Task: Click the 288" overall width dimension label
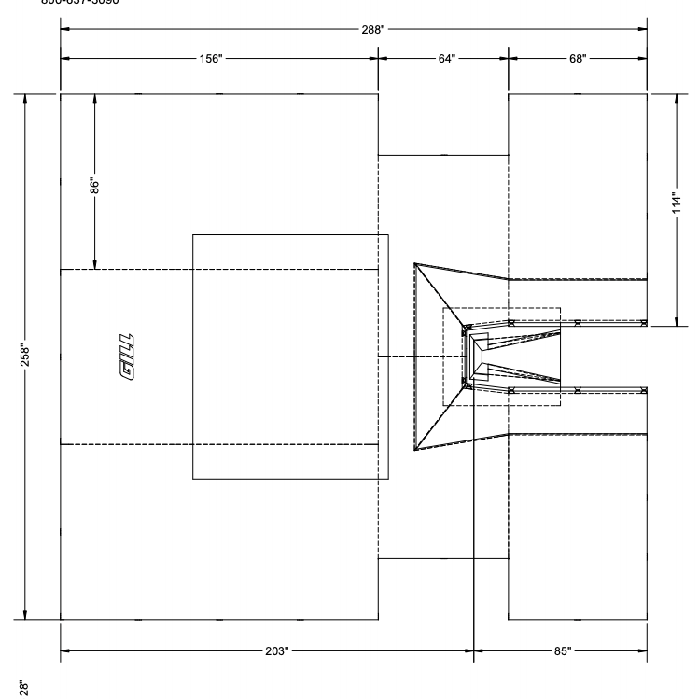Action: (x=373, y=29)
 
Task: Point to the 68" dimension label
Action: (x=578, y=59)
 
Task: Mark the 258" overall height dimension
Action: (x=25, y=356)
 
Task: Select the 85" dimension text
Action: (x=562, y=651)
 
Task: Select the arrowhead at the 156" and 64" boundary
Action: (x=377, y=59)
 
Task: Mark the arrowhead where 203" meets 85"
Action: (x=475, y=651)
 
